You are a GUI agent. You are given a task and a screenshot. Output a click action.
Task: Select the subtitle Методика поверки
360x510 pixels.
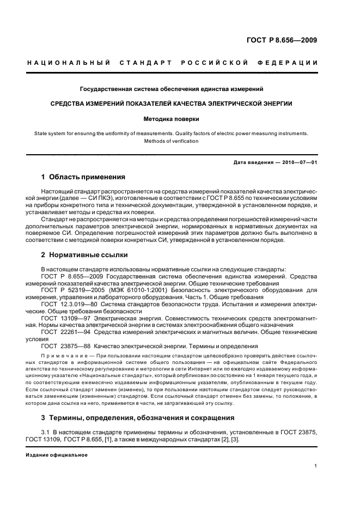click(x=172, y=118)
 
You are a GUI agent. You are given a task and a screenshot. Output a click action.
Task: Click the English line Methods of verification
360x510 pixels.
click(x=172, y=141)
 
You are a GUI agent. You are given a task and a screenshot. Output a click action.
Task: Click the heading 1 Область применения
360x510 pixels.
click(x=83, y=177)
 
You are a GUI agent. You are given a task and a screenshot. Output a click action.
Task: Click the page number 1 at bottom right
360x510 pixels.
click(x=316, y=466)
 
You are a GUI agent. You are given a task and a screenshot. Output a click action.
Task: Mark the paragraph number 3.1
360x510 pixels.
click(x=45, y=432)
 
